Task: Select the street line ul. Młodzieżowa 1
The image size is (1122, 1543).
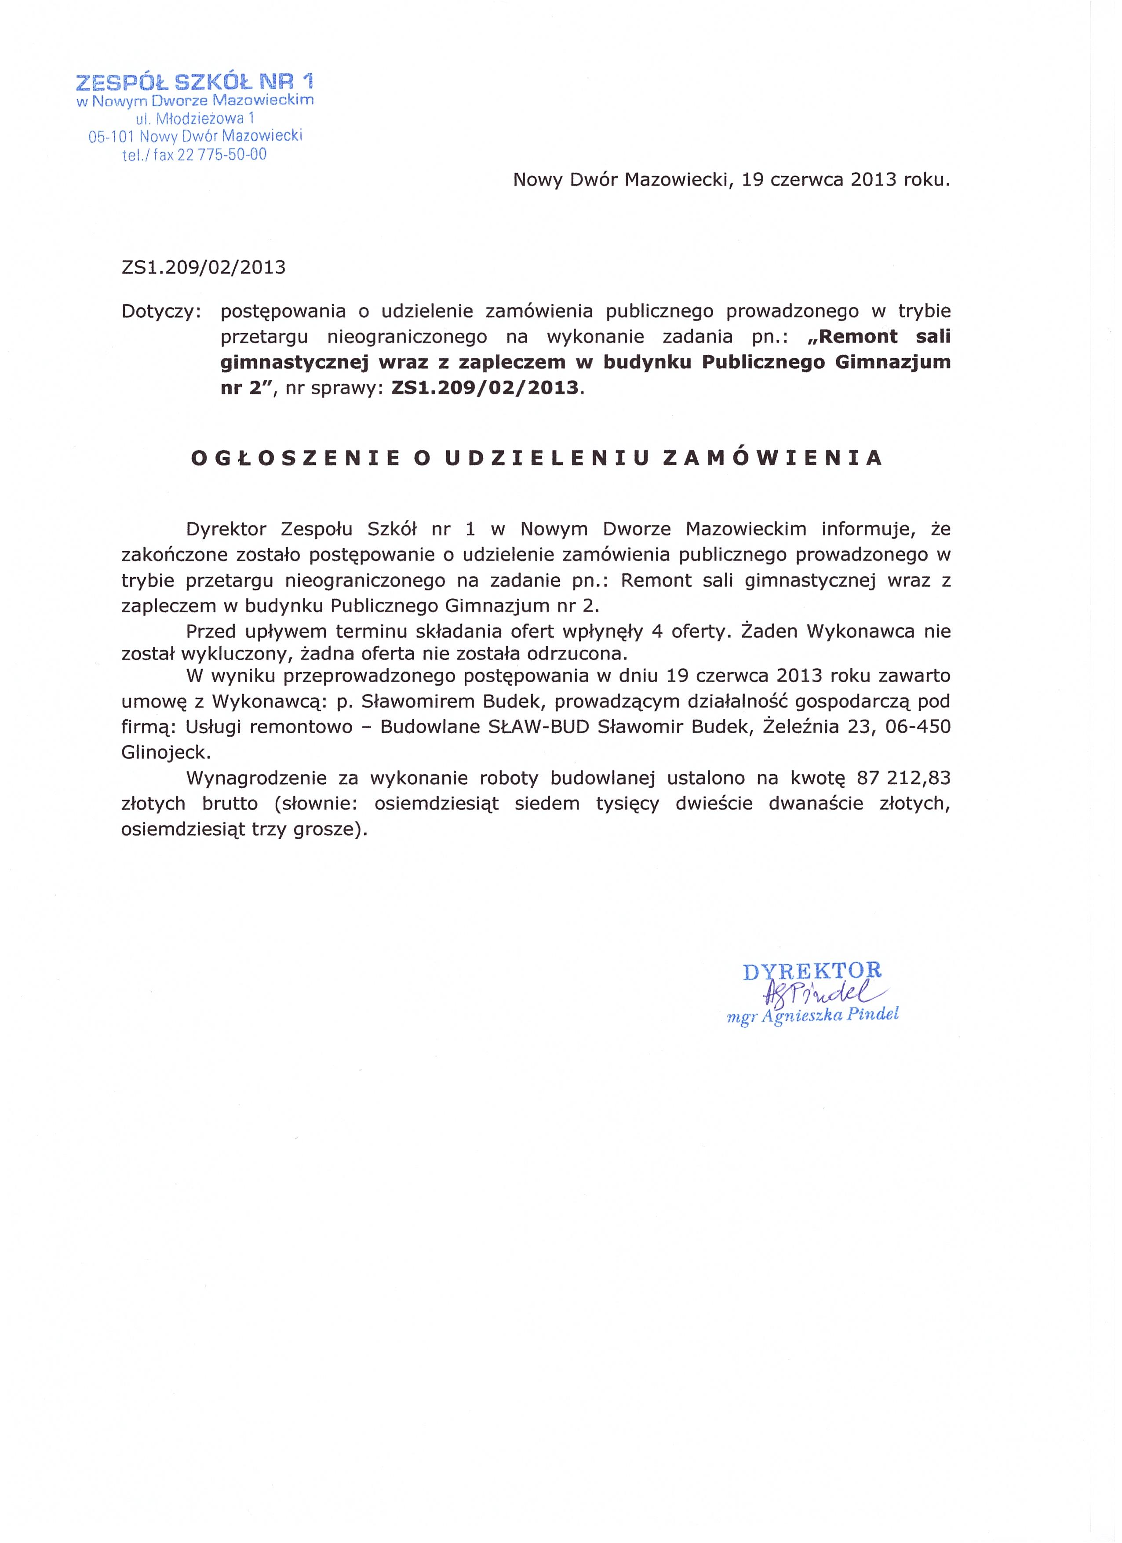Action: pyautogui.click(x=195, y=118)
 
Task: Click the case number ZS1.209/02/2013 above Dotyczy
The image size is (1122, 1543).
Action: pyautogui.click(x=204, y=267)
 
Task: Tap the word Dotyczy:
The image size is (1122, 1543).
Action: pyautogui.click(x=161, y=312)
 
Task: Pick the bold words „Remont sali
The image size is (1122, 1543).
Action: pyautogui.click(x=878, y=337)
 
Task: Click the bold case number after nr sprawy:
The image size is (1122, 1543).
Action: pyautogui.click(x=485, y=389)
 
